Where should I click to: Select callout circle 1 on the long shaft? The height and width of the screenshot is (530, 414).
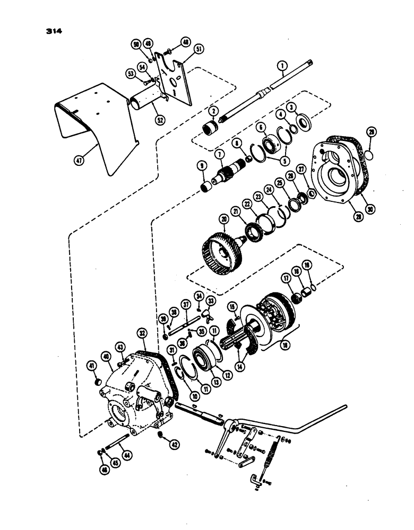coord(282,67)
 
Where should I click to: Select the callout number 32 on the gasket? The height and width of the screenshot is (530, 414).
coord(141,334)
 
